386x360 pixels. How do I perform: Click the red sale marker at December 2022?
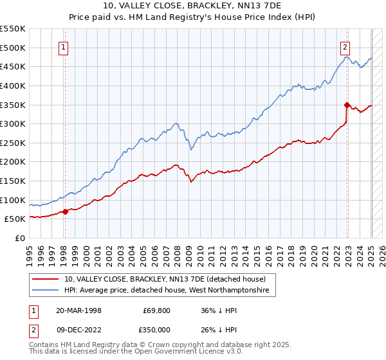coord(346,105)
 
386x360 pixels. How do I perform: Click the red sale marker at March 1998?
coord(65,212)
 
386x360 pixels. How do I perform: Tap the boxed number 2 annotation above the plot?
coord(345,46)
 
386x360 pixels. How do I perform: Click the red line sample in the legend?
coord(46,279)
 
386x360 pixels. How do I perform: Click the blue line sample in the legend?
coord(46,291)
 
